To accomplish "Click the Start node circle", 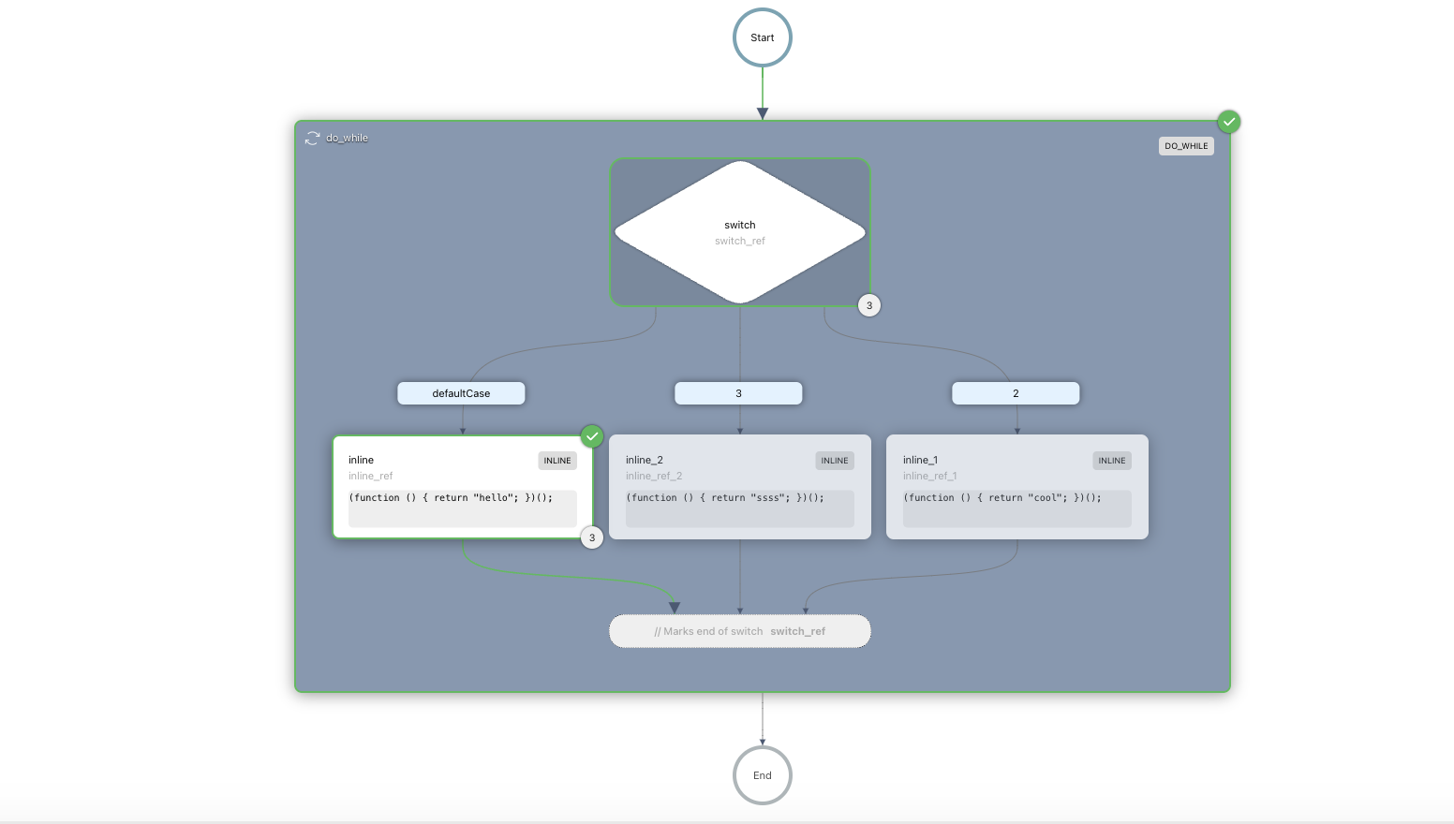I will tap(762, 37).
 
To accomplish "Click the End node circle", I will tap(762, 775).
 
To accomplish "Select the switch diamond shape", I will tap(740, 232).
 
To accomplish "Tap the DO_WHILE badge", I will tap(1186, 146).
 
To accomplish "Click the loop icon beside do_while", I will tap(312, 139).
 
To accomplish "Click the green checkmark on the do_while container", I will tap(1228, 122).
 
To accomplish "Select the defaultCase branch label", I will tap(461, 393).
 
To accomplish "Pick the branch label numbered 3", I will tap(738, 393).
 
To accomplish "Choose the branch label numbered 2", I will tap(1016, 393).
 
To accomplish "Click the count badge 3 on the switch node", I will tap(869, 305).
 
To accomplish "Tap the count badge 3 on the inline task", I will tap(592, 537).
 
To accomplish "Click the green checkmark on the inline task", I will tap(592, 436).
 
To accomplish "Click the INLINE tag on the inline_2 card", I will tap(834, 461).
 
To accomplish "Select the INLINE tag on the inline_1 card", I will tap(1111, 461).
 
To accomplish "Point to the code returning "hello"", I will tap(451, 498).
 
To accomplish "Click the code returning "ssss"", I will tap(725, 498).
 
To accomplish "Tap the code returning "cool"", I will tap(1002, 498).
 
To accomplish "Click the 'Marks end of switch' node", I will tap(740, 631).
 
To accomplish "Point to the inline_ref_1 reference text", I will tap(929, 477).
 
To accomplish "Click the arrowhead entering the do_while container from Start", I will tap(763, 113).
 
